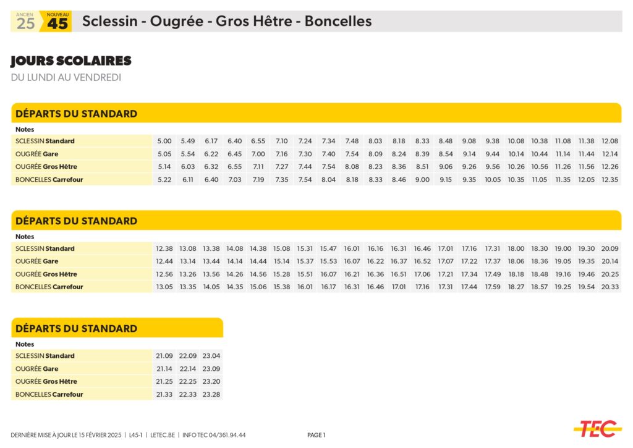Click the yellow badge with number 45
pos(57,22)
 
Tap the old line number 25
pos(25,23)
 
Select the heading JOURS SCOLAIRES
pos(71,61)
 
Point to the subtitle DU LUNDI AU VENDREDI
pos(66,77)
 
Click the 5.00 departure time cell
pos(164,141)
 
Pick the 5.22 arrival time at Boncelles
pos(164,180)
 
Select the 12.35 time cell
pos(610,180)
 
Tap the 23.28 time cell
pos(211,394)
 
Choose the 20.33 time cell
pos(610,287)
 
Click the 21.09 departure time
pos(164,356)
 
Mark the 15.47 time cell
pos(328,248)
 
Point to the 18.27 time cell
pos(516,287)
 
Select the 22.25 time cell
pos(188,381)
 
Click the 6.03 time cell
pos(188,167)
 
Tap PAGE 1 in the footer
pos(316,435)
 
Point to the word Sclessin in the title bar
pos(109,22)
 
